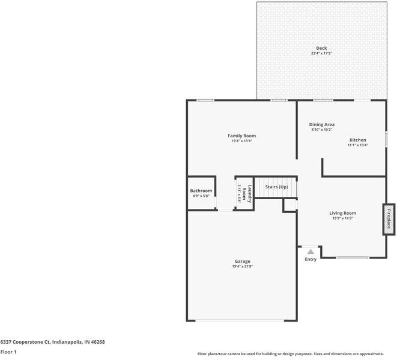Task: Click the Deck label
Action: (321, 48)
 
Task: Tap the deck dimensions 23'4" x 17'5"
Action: (321, 53)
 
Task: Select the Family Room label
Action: (241, 136)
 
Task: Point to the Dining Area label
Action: (322, 124)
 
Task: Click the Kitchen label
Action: (357, 140)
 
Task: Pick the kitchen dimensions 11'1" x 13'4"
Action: (357, 145)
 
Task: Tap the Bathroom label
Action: (201, 191)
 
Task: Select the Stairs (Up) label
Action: (276, 187)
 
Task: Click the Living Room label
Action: (342, 213)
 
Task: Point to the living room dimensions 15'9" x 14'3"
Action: (342, 218)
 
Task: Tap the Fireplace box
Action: (389, 219)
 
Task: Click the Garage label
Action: (242, 261)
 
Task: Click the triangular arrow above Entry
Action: (310, 251)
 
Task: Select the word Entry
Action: (311, 259)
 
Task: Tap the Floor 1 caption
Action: (8, 352)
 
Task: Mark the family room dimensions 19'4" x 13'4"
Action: (241, 141)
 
